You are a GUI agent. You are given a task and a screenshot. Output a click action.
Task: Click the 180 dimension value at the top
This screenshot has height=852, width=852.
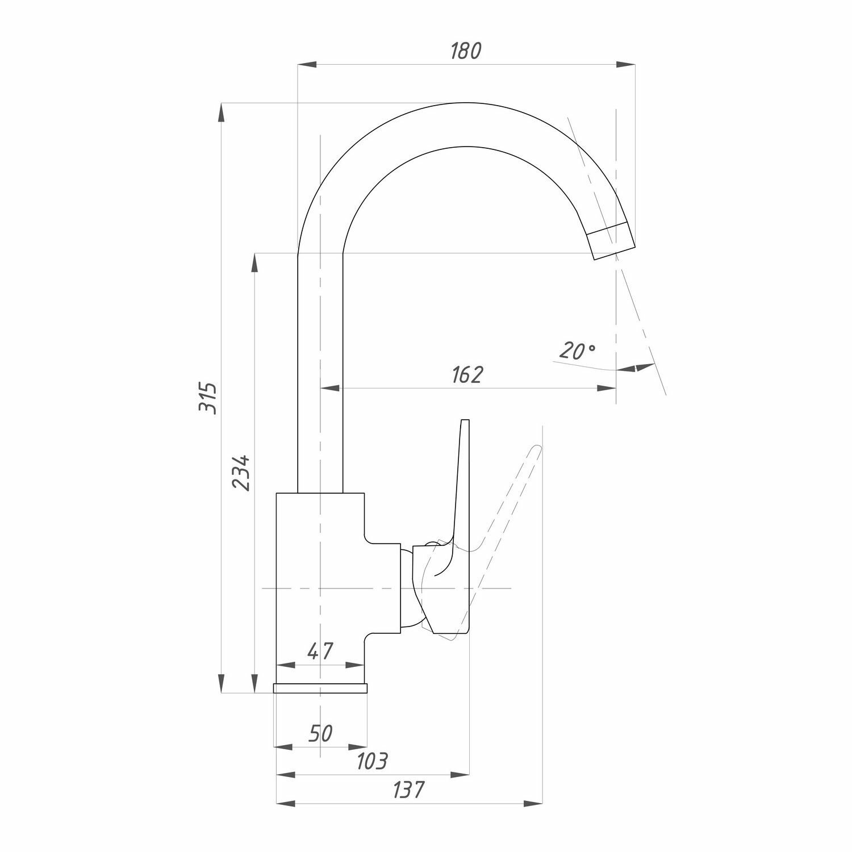(x=465, y=51)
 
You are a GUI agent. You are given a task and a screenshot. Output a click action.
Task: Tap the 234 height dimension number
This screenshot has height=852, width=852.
(x=240, y=472)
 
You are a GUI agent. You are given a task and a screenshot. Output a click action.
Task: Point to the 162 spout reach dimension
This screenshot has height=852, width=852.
(x=467, y=375)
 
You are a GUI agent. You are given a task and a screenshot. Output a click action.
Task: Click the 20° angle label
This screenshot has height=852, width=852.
(x=576, y=352)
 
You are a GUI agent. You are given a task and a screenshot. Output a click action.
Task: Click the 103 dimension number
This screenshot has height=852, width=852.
(x=371, y=761)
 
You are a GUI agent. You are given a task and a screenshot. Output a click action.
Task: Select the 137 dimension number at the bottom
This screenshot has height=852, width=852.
(x=408, y=790)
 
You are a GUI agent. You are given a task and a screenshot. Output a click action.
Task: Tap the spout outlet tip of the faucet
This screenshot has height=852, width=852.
(x=613, y=244)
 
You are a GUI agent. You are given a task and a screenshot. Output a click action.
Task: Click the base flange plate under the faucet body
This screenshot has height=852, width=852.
(x=320, y=688)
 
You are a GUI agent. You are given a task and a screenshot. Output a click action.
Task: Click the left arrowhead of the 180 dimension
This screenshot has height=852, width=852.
(x=307, y=64)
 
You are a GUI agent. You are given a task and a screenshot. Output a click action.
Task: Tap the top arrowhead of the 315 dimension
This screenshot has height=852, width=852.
(x=222, y=112)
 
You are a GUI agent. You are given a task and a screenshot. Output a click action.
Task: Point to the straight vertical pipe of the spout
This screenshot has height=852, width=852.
(x=320, y=375)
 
